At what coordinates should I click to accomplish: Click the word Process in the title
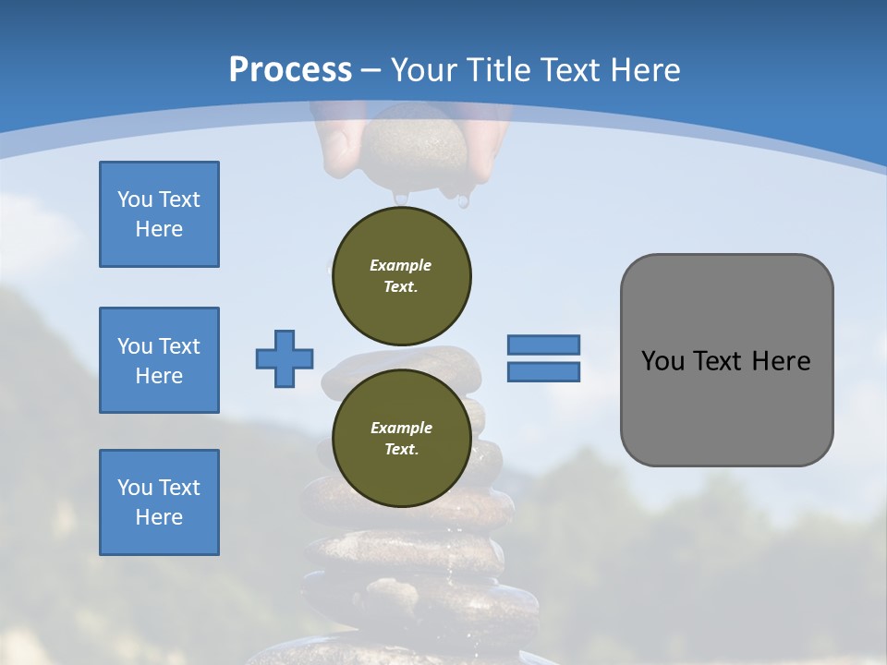pyautogui.click(x=290, y=69)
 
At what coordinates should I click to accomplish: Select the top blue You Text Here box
pyautogui.click(x=159, y=214)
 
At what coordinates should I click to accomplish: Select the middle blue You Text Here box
pyautogui.click(x=159, y=360)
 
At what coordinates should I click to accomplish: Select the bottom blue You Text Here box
pyautogui.click(x=159, y=502)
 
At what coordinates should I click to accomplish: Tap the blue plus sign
pyautogui.click(x=285, y=358)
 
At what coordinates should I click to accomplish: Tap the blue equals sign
pyautogui.click(x=543, y=358)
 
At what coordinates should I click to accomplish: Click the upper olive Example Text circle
pyautogui.click(x=401, y=276)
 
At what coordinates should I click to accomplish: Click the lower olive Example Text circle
pyautogui.click(x=401, y=439)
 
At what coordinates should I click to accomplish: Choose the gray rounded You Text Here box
pyautogui.click(x=726, y=360)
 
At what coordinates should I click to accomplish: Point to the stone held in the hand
pyautogui.click(x=414, y=148)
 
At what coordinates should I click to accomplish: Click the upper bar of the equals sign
pyautogui.click(x=543, y=345)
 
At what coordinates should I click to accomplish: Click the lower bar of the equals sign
pyautogui.click(x=543, y=372)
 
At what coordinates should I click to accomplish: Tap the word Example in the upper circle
pyautogui.click(x=401, y=265)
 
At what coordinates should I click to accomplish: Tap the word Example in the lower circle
pyautogui.click(x=401, y=428)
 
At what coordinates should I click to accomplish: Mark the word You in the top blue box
pyautogui.click(x=135, y=199)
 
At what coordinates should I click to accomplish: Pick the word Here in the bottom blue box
pyautogui.click(x=159, y=517)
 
